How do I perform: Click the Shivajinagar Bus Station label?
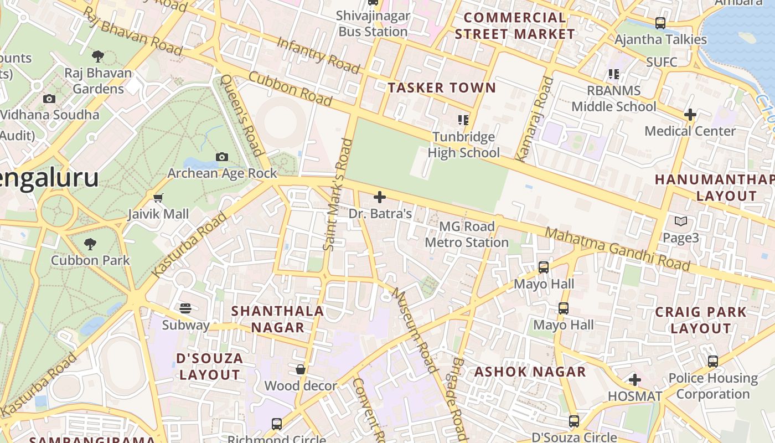pos(373,24)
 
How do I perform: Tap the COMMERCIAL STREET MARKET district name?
pos(515,26)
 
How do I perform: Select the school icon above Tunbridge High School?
pos(463,120)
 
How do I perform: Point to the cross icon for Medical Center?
pos(690,115)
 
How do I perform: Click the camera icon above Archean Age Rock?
pos(222,157)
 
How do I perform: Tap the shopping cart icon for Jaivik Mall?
pos(158,198)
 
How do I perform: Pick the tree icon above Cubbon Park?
pos(90,244)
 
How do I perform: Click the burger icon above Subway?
pos(185,308)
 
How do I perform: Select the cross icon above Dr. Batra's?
pos(380,197)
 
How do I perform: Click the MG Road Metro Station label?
pos(467,234)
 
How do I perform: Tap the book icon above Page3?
pos(680,221)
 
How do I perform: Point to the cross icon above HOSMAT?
pos(635,380)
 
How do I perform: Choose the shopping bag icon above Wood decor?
pos(301,369)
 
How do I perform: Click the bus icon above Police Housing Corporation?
pos(712,362)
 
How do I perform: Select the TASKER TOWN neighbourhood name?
pos(442,87)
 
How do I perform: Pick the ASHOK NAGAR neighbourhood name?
pos(530,372)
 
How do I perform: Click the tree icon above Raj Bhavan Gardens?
pos(98,56)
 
